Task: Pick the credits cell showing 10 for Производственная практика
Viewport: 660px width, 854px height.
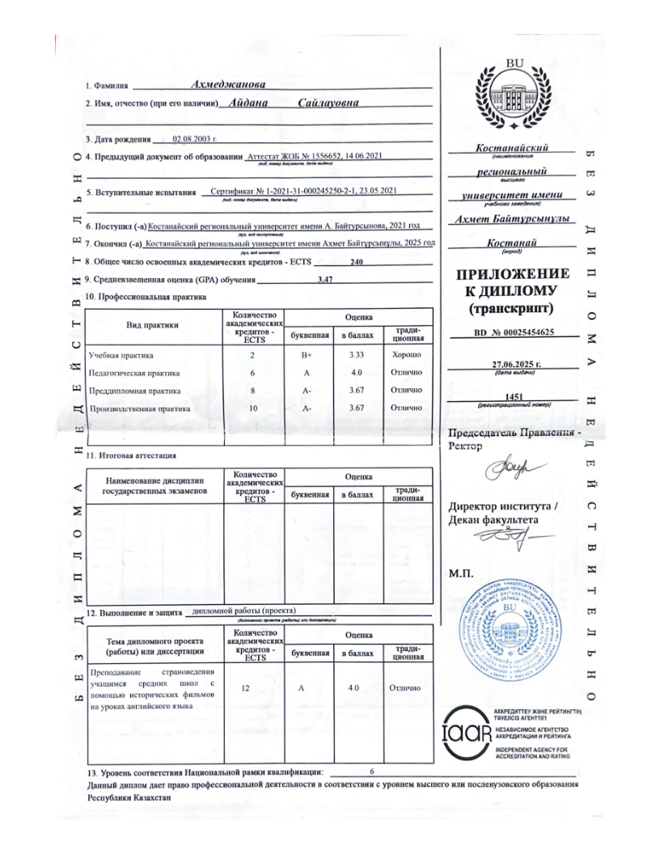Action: pyautogui.click(x=253, y=408)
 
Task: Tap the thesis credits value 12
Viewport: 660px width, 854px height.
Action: pyautogui.click(x=253, y=687)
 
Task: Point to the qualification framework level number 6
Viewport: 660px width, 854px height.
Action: pyautogui.click(x=371, y=773)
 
